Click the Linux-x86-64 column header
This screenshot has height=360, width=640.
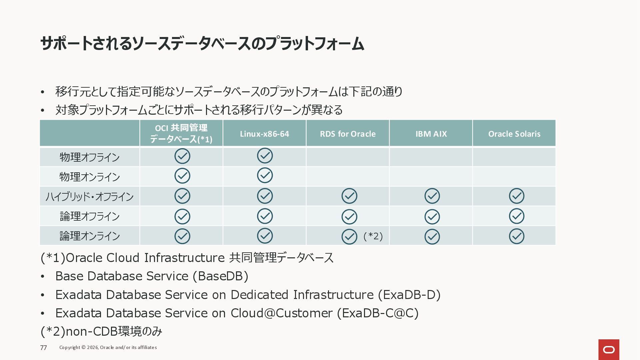[264, 134]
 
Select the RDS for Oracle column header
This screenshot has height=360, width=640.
[348, 134]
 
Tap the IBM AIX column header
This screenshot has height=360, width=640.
[431, 134]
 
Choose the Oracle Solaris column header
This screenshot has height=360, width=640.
[514, 134]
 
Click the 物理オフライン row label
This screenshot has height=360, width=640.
[90, 157]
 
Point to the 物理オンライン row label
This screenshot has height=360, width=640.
[90, 177]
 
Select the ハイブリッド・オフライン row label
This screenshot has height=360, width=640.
[90, 197]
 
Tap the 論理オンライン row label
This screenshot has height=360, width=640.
[90, 236]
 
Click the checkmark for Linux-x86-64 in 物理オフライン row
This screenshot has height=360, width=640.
[265, 156]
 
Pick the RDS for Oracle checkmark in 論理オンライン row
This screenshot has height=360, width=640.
[349, 237]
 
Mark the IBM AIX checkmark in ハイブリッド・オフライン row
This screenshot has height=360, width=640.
[432, 196]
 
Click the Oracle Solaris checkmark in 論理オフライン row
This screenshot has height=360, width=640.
[516, 216]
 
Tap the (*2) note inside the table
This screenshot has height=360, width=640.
[373, 236]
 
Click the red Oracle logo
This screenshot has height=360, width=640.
[609, 349]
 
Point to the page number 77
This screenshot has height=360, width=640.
[43, 348]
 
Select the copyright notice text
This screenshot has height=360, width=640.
[108, 347]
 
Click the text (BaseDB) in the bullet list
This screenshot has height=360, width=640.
[221, 276]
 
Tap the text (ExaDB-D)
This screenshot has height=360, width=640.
[409, 295]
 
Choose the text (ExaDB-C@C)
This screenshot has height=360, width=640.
[378, 313]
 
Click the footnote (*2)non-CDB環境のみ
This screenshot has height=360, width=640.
[101, 331]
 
